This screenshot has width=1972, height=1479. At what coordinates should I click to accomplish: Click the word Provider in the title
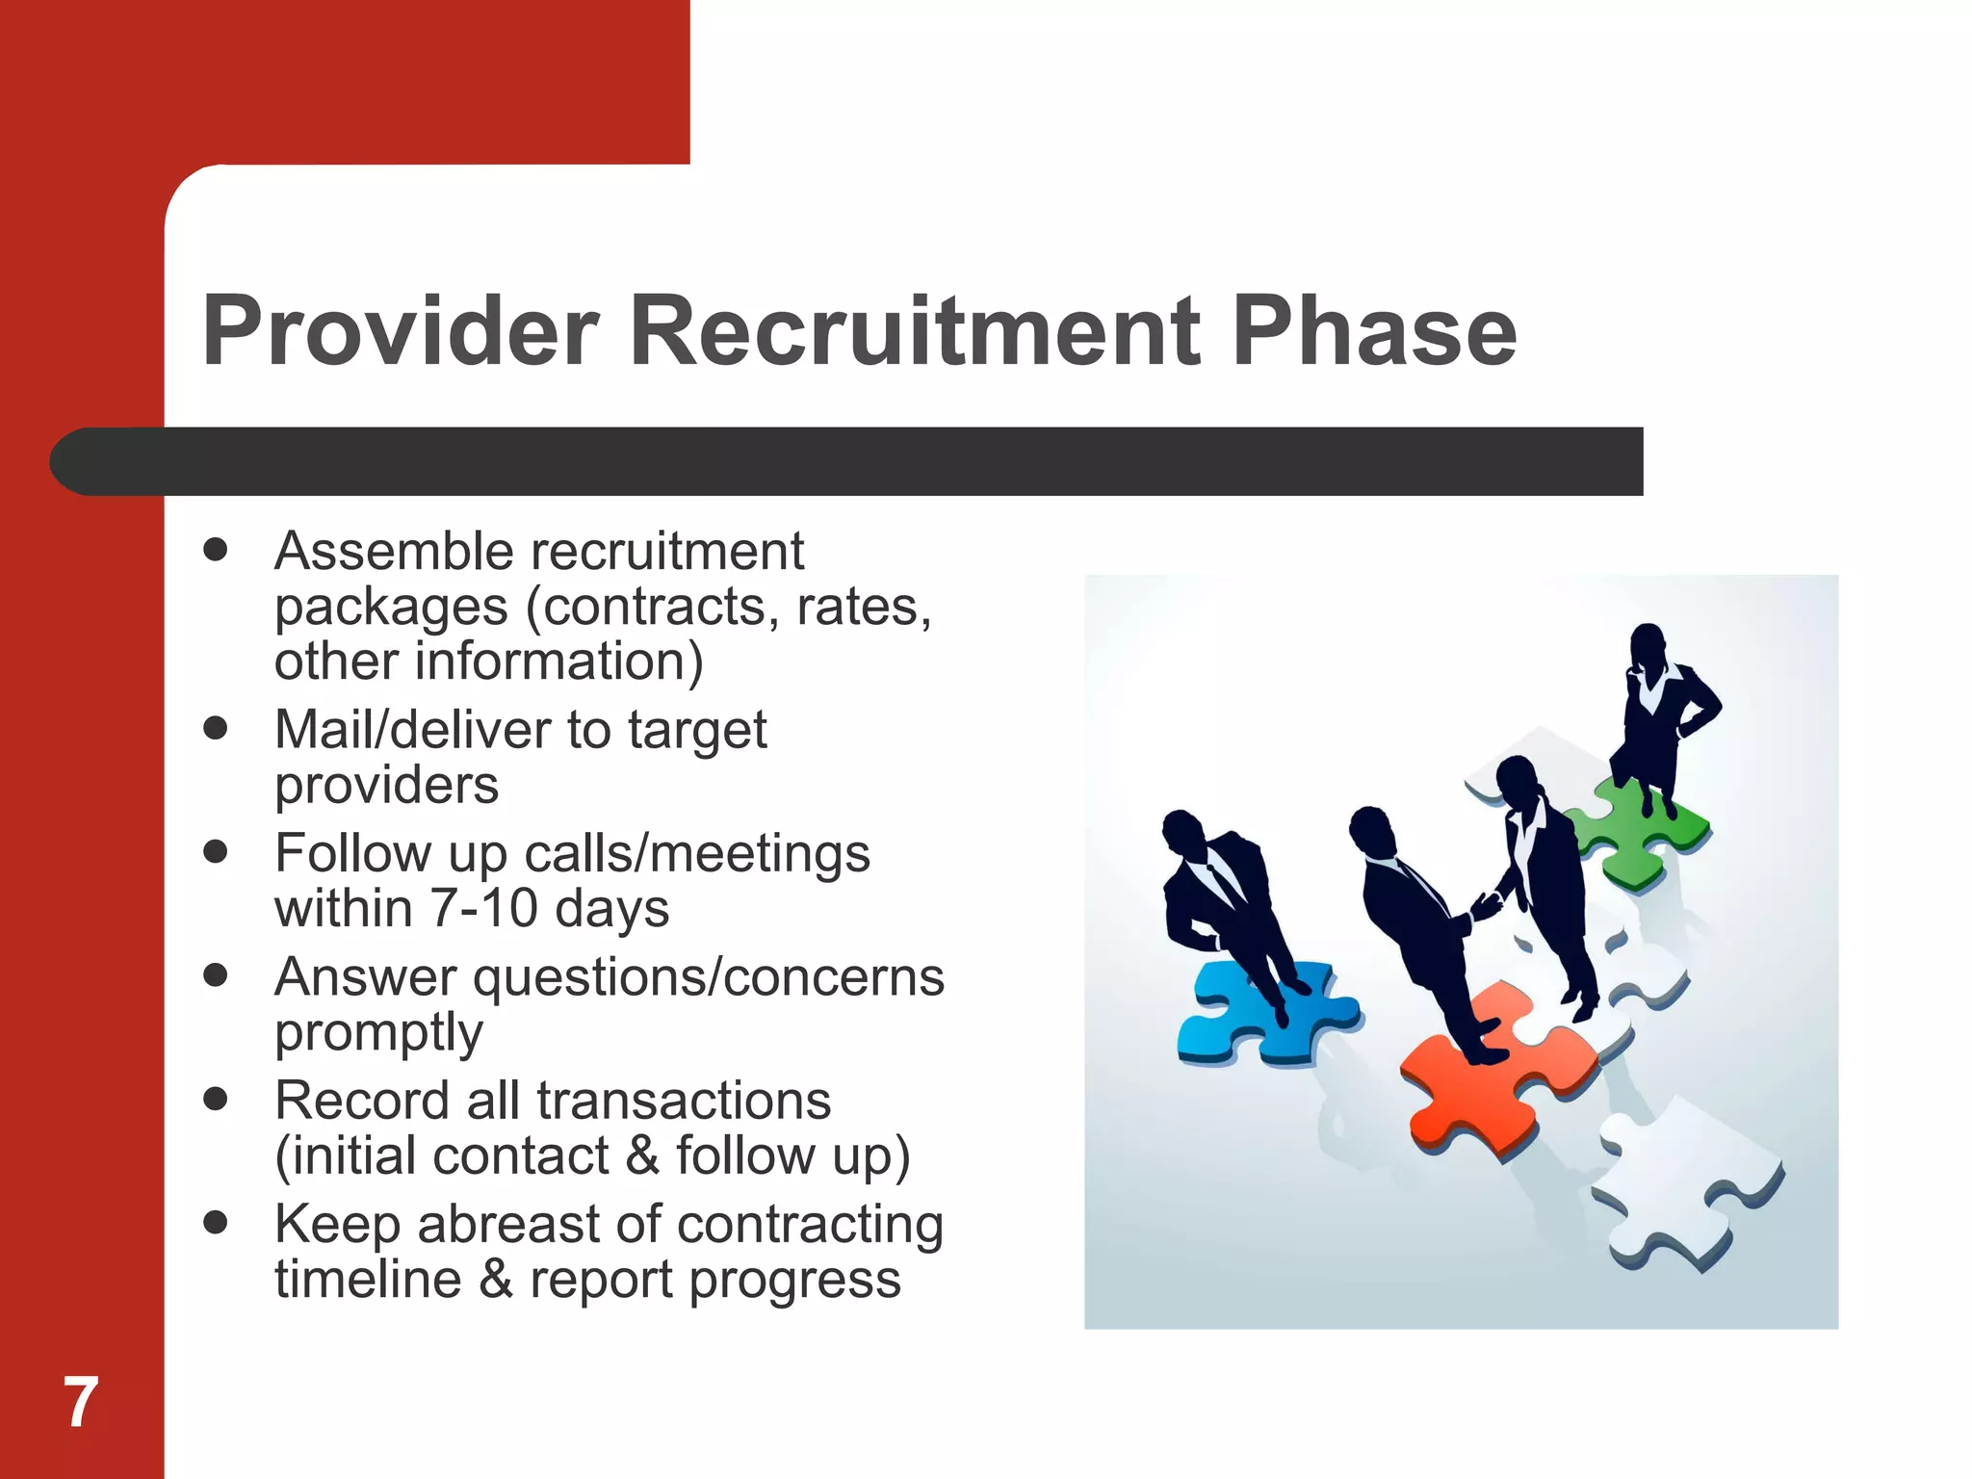[400, 332]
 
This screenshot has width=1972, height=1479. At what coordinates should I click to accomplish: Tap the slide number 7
[81, 1402]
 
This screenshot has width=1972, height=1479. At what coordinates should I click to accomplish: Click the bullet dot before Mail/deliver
[216, 728]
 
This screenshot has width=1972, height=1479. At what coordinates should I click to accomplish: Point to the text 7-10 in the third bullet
[482, 908]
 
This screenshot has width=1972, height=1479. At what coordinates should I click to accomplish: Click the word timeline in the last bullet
[368, 1280]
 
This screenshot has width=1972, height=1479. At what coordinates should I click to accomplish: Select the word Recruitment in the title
[915, 332]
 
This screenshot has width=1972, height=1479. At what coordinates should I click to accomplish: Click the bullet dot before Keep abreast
[216, 1223]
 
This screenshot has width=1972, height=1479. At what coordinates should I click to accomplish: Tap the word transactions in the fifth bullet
[684, 1101]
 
